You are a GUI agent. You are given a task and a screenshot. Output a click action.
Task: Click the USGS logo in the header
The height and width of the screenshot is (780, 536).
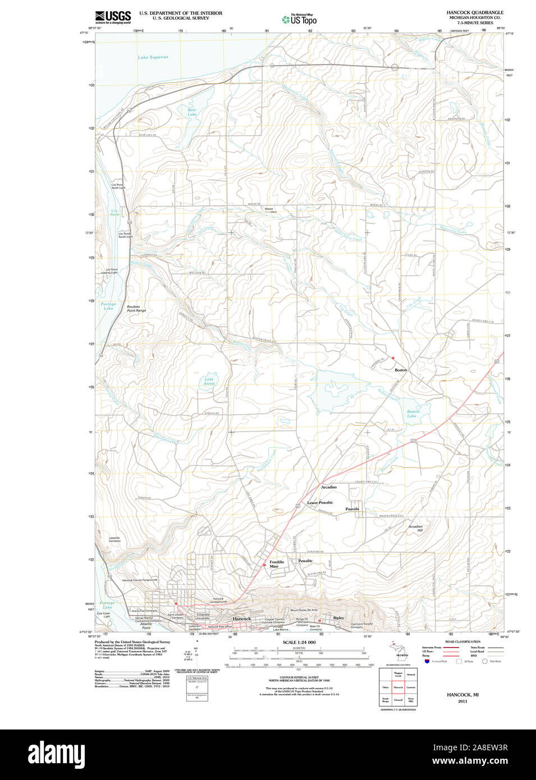click(x=113, y=17)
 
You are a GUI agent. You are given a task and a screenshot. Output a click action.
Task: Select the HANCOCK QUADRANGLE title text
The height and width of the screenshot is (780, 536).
click(x=475, y=12)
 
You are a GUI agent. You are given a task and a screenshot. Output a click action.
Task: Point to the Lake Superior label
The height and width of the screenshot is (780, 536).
click(x=153, y=57)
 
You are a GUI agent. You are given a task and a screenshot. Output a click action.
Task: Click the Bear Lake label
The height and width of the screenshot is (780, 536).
click(x=192, y=112)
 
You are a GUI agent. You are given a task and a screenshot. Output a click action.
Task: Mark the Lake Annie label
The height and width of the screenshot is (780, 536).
click(x=209, y=381)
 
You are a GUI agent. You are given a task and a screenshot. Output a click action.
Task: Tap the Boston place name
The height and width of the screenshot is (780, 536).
click(x=401, y=370)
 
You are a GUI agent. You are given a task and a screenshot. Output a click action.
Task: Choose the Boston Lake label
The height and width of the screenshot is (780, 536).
click(x=413, y=414)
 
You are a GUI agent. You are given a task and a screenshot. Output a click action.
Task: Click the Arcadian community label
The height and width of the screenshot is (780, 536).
click(x=329, y=487)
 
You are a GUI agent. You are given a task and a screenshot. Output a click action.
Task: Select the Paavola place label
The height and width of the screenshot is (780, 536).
click(x=352, y=509)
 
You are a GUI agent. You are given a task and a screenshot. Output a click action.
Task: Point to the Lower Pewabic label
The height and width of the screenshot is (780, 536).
click(x=320, y=503)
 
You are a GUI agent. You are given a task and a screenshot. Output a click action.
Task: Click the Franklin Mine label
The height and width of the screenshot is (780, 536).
click(x=276, y=564)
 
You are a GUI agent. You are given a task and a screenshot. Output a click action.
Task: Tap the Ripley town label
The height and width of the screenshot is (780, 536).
click(x=338, y=618)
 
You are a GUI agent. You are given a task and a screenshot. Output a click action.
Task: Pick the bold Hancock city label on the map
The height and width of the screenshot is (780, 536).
click(x=242, y=619)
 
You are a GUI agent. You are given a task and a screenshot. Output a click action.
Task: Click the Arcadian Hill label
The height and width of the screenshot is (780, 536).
click(x=415, y=529)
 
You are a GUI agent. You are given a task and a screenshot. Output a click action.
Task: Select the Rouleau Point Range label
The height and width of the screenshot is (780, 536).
click(x=136, y=309)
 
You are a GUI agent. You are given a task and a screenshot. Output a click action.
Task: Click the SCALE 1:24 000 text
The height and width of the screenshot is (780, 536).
click(x=299, y=643)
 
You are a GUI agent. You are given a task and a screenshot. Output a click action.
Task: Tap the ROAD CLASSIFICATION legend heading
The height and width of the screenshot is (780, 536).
click(x=462, y=641)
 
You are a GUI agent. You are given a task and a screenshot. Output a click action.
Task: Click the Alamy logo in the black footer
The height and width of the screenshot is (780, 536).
click(x=56, y=754)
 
